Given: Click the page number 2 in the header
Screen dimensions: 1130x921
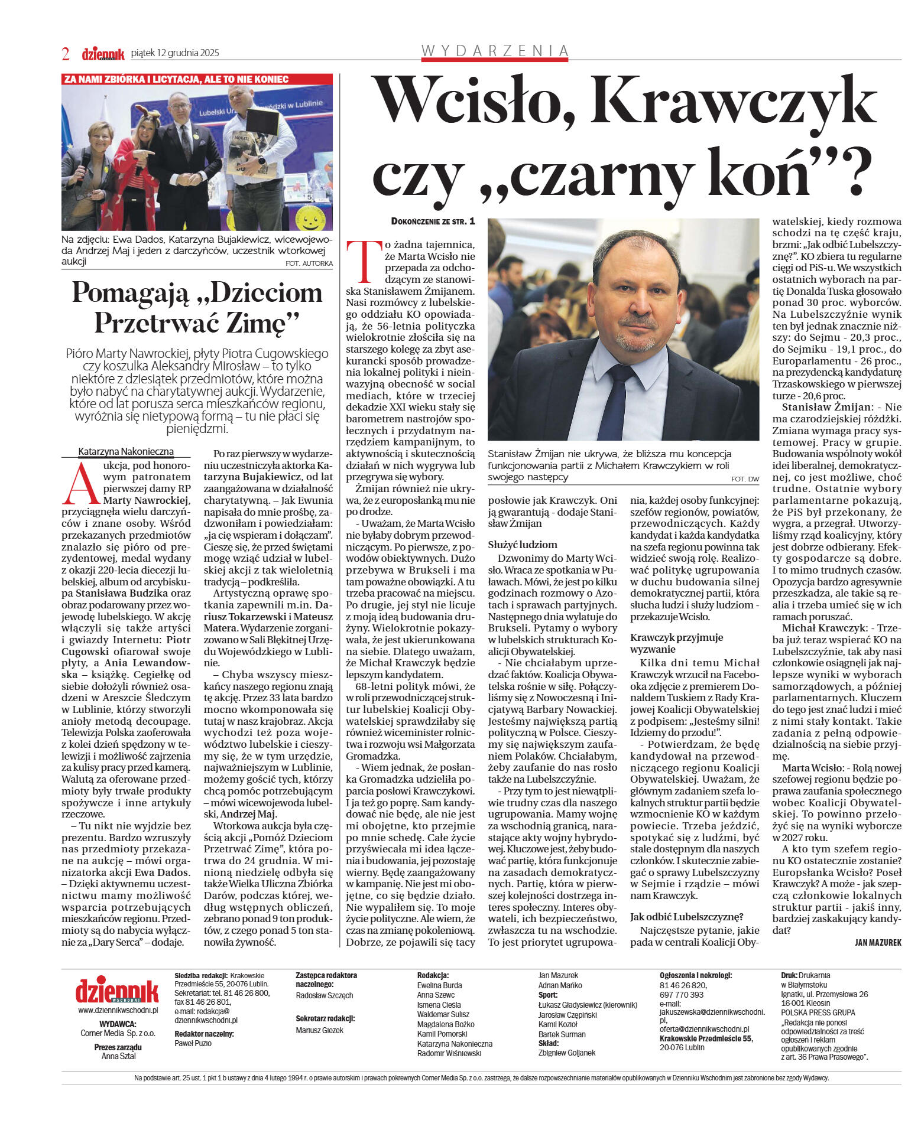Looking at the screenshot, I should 66,54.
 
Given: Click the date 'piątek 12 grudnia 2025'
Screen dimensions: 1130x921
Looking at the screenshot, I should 174,53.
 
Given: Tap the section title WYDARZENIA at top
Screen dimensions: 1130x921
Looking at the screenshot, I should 495,51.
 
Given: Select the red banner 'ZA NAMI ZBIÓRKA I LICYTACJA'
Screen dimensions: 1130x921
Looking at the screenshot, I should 176,79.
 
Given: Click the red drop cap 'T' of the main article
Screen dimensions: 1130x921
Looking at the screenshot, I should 361,260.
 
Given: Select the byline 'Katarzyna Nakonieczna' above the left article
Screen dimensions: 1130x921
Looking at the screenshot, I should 126,452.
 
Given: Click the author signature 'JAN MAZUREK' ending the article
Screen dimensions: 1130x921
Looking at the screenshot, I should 878,943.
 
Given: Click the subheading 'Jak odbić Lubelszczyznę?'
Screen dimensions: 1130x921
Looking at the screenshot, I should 686,917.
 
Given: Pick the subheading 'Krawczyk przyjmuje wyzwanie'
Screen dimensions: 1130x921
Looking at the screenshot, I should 676,643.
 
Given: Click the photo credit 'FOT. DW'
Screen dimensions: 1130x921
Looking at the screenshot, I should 744,479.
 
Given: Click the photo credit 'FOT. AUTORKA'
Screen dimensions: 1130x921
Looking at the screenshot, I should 309,263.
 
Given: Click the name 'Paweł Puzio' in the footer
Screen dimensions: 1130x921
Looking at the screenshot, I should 193,1043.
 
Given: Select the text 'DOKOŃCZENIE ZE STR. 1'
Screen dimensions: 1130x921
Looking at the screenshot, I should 433,222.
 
